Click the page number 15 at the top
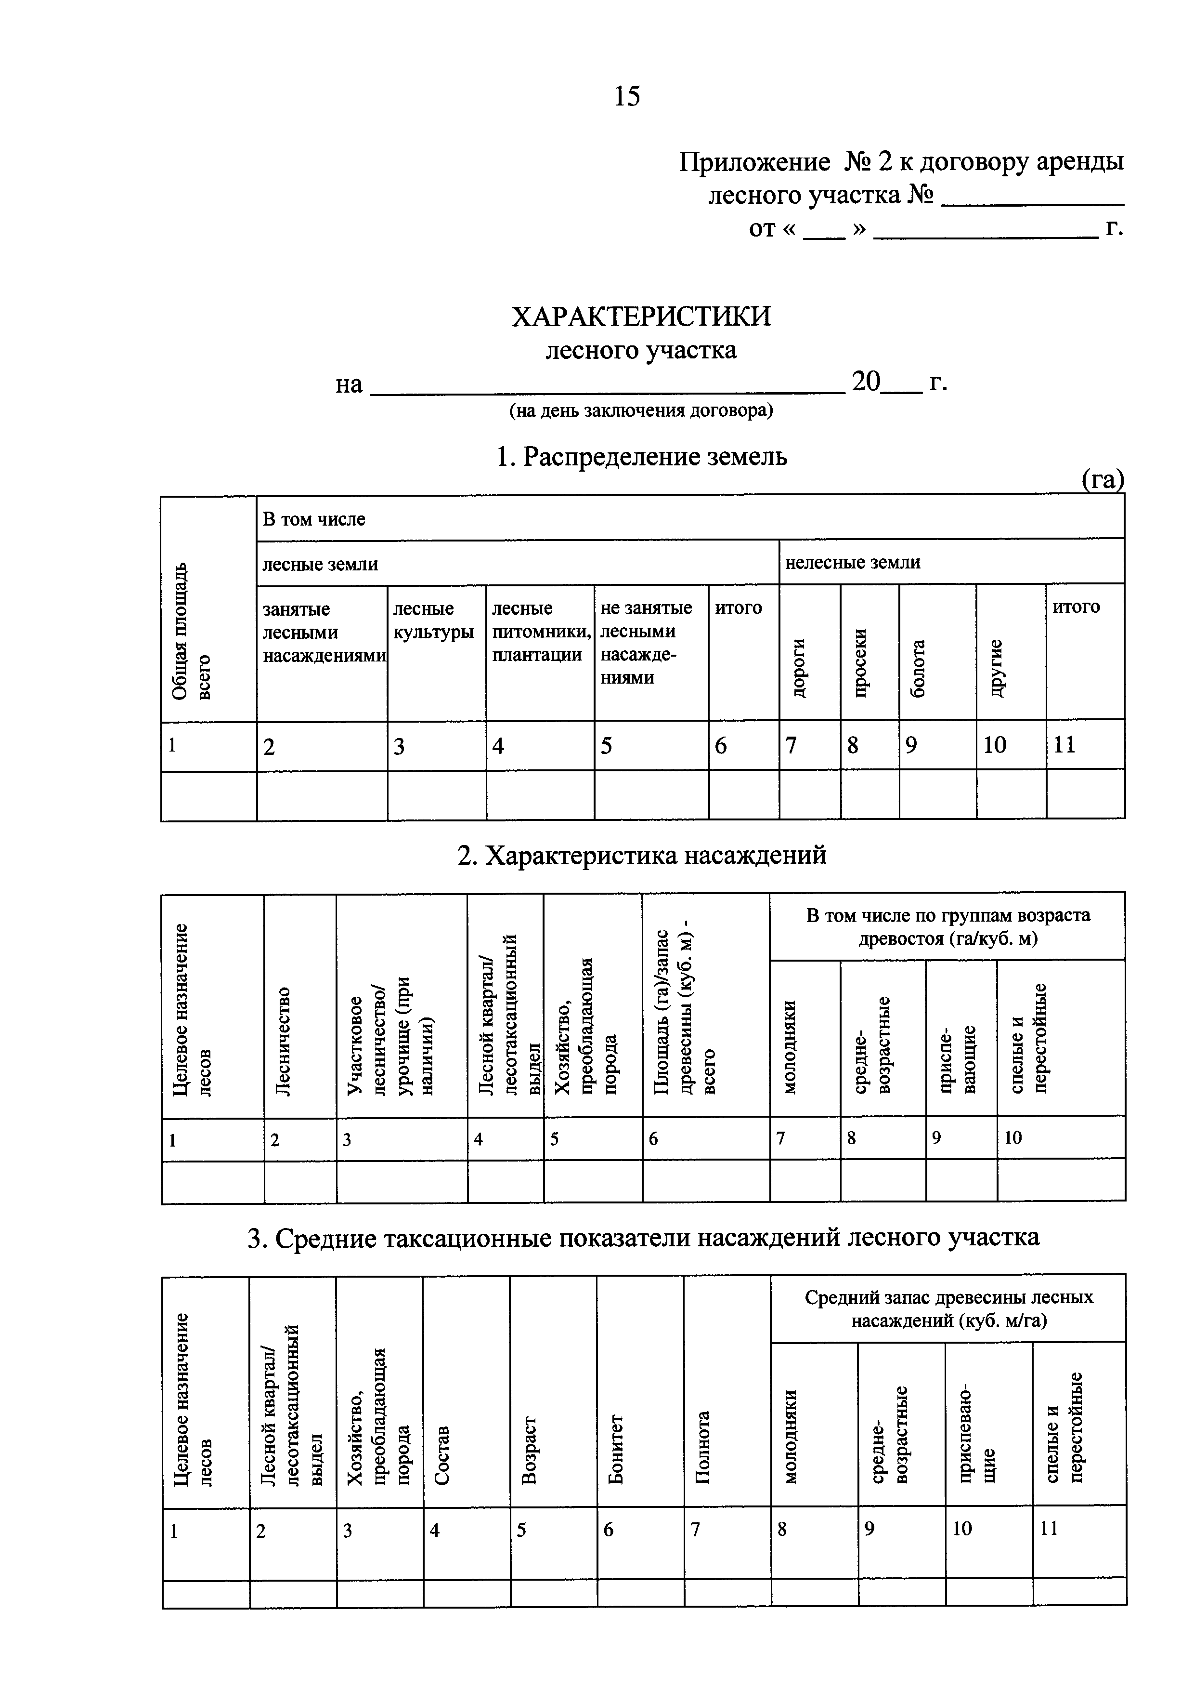[x=627, y=96]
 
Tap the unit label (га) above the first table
[x=1102, y=479]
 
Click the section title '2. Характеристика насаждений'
[x=641, y=855]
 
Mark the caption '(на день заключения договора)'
[x=641, y=411]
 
